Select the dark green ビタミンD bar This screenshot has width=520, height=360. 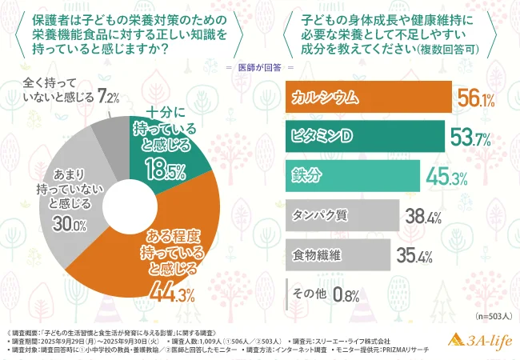pyautogui.click(x=365, y=138)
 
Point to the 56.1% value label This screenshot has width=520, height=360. pyautogui.click(x=474, y=98)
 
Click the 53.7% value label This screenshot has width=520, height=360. pyautogui.click(x=470, y=138)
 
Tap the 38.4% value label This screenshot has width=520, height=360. pyautogui.click(x=421, y=214)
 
